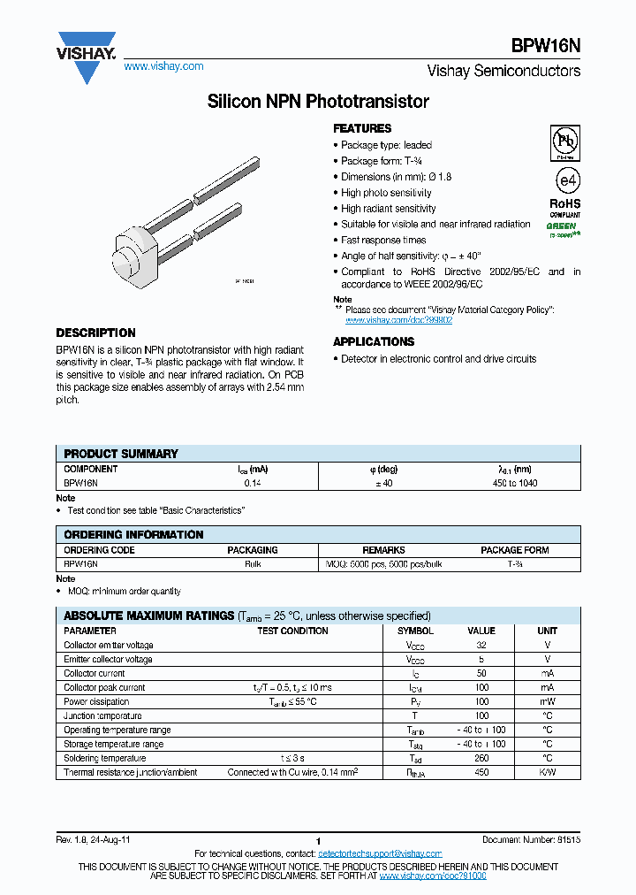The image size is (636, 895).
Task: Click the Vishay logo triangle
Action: [87, 58]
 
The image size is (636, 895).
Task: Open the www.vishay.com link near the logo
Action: [163, 66]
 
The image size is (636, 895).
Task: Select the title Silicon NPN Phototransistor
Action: [318, 102]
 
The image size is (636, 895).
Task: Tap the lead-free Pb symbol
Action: [565, 142]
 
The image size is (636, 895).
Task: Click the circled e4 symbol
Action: [565, 180]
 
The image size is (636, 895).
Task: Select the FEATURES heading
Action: [362, 128]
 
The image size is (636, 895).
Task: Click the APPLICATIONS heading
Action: [374, 341]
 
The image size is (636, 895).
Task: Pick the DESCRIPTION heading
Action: [95, 333]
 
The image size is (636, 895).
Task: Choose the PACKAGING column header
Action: [253, 550]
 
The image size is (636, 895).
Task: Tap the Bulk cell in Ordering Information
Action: [253, 563]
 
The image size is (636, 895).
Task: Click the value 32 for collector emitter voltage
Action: [481, 646]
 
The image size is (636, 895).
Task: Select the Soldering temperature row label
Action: [105, 759]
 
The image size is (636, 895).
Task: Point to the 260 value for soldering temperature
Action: [481, 759]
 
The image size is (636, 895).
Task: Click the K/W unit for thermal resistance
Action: [547, 773]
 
